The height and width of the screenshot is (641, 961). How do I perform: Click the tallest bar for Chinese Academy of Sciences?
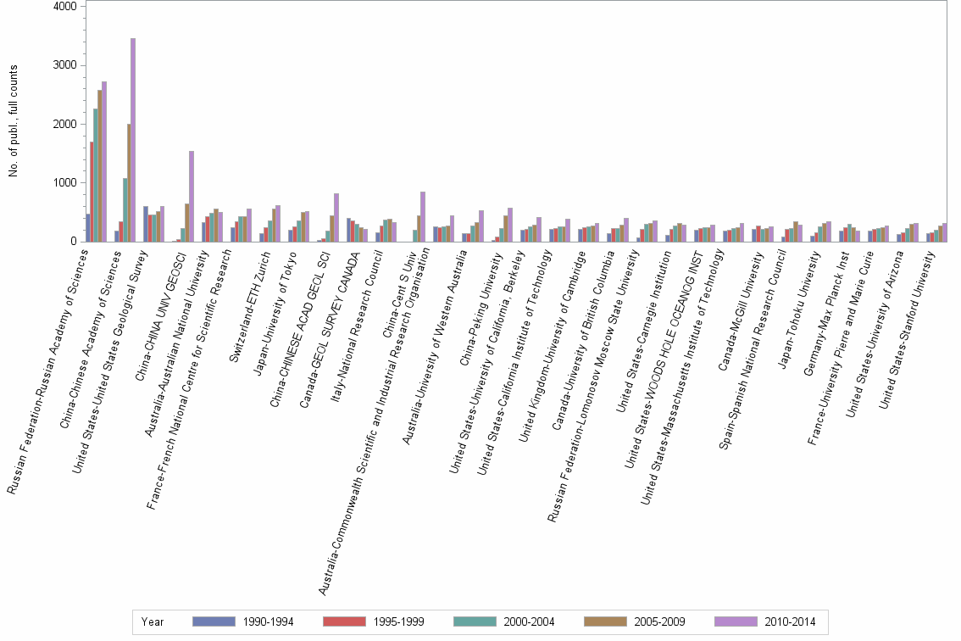coord(133,140)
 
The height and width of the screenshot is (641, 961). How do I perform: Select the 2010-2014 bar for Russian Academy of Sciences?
coord(104,161)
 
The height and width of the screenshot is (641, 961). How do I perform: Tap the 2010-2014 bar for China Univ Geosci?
coord(192,196)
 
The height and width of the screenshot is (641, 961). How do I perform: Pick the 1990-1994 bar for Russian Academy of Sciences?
coord(87,227)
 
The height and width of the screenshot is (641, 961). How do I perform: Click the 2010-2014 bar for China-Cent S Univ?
coord(423,216)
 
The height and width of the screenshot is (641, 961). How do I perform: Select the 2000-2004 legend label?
coord(529,621)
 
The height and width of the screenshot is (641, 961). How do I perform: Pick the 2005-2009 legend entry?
coord(659,621)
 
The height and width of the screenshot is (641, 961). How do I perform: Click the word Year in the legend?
coord(153,621)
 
